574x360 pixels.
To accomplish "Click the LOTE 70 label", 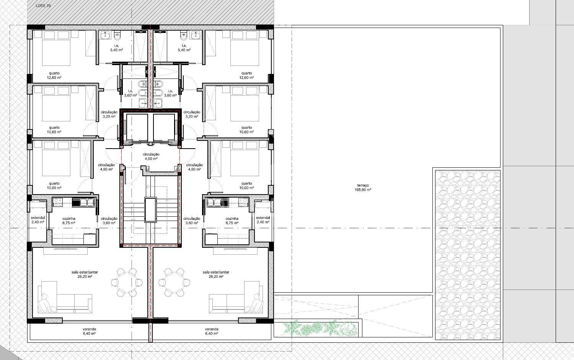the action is [x=43, y=6].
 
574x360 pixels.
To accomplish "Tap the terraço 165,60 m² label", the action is [x=363, y=187].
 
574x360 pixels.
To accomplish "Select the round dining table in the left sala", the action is [x=127, y=282].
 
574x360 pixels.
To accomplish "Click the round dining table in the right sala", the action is [x=174, y=282].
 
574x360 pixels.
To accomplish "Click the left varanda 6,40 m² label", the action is [x=89, y=331].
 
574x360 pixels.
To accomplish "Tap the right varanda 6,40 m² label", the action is [x=211, y=331].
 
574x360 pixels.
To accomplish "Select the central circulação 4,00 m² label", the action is [x=151, y=156].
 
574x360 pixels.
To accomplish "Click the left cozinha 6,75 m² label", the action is [x=68, y=221].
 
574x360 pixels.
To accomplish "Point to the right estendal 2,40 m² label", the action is [x=263, y=220].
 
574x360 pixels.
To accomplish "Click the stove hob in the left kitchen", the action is [x=58, y=202].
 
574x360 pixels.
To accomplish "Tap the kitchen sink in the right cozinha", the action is [x=218, y=202].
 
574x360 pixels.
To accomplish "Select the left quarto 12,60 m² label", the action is [x=54, y=75].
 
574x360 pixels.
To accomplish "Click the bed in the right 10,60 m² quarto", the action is [x=245, y=104].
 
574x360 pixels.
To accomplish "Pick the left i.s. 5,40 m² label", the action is [x=116, y=48].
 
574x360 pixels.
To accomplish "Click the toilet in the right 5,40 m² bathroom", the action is [x=183, y=36].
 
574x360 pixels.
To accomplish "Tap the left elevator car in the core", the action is [x=137, y=128].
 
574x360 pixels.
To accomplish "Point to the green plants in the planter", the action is [x=320, y=329].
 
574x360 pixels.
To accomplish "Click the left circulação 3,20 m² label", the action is [x=109, y=114].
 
